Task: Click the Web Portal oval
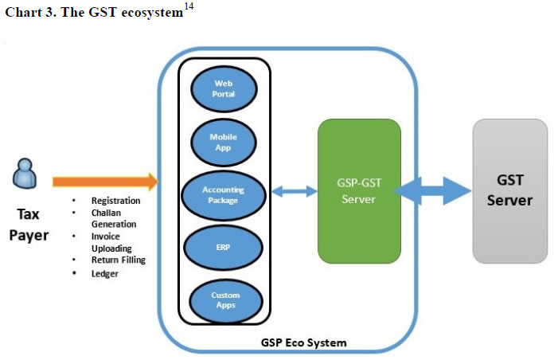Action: tap(224, 89)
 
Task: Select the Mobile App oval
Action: tap(224, 142)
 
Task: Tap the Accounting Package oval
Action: tap(224, 194)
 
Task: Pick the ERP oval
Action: tap(224, 248)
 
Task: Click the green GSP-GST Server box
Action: tap(359, 190)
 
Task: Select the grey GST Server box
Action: tap(509, 190)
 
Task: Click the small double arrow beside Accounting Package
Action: tap(294, 191)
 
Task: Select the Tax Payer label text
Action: tap(29, 224)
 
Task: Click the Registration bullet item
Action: tap(115, 201)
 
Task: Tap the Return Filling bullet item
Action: tap(119, 260)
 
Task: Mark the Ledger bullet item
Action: tap(104, 273)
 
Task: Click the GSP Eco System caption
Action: tap(304, 343)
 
